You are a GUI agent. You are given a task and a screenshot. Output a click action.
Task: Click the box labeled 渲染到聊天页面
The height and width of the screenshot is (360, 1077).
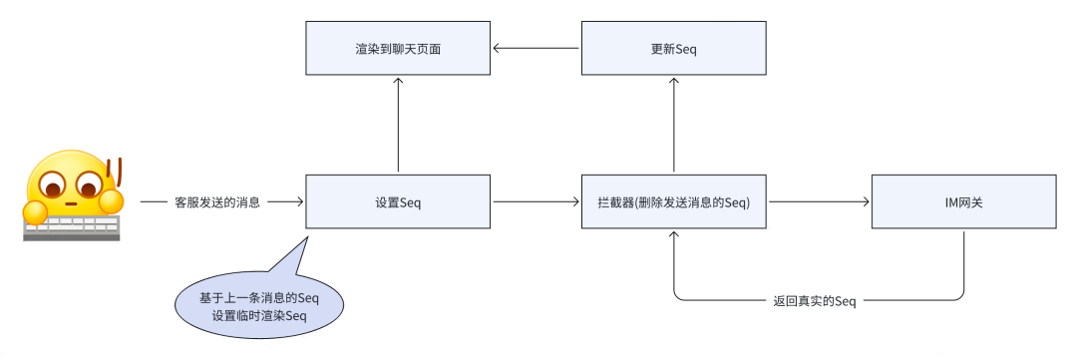[397, 48]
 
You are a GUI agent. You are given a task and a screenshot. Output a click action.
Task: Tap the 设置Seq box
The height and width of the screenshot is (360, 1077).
[397, 202]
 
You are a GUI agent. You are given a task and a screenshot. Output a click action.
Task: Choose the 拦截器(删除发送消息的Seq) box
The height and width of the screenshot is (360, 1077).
[674, 202]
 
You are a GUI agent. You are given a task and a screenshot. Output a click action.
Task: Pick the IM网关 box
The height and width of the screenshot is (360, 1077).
[963, 202]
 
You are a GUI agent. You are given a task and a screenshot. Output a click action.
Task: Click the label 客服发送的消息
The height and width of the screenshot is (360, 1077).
[216, 202]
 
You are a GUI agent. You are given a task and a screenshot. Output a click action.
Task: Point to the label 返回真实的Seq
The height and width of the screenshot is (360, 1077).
[815, 300]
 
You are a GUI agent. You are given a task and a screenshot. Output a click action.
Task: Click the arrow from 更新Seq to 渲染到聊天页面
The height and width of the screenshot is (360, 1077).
[537, 48]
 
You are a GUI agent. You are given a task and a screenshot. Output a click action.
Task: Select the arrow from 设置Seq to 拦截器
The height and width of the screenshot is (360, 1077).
[537, 202]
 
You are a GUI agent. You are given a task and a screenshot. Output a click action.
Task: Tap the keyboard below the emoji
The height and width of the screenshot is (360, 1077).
[72, 226]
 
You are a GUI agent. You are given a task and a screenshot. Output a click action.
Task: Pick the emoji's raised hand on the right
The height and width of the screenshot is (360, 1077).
[110, 201]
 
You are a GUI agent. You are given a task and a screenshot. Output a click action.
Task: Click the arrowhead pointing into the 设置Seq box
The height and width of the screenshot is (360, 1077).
[298, 202]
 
